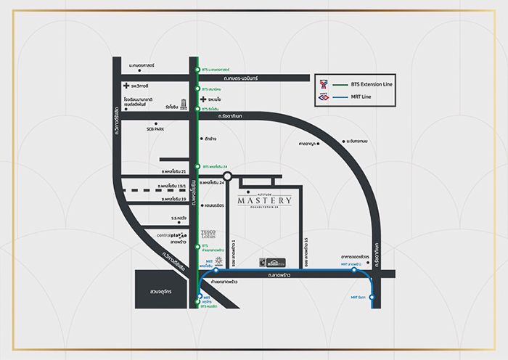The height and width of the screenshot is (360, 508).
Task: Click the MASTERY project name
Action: [264, 200]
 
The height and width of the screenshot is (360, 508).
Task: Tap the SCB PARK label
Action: [155, 128]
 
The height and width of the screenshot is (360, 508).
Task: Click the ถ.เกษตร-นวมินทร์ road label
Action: [247, 77]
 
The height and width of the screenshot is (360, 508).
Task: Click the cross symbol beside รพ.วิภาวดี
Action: [125, 86]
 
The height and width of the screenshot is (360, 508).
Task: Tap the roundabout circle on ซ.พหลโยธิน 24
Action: [227, 176]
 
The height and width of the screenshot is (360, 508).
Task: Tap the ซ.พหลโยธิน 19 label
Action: [173, 197]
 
